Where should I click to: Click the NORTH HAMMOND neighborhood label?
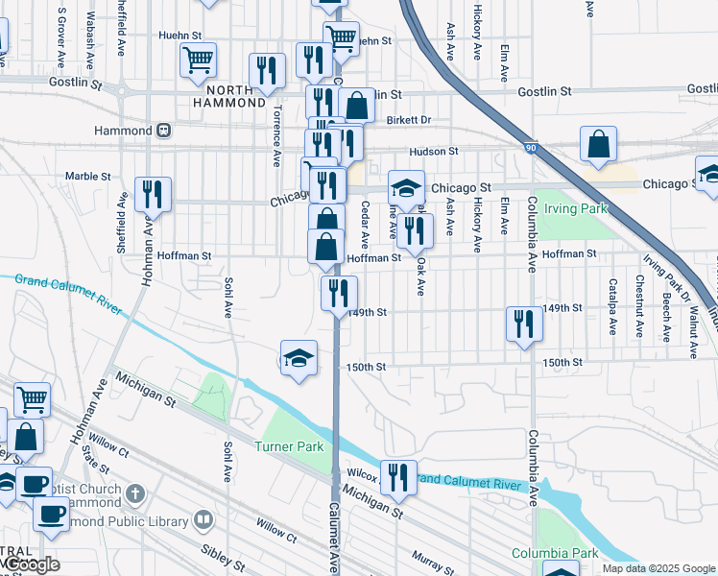(228, 94)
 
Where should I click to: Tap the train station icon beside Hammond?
(164, 130)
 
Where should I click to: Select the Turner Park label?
(289, 446)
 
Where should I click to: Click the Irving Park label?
(576, 207)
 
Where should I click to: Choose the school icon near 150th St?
(299, 359)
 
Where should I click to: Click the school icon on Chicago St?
(406, 188)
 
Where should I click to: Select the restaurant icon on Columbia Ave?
(524, 324)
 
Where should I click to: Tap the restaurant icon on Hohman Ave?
(153, 194)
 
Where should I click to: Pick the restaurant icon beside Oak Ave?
(415, 230)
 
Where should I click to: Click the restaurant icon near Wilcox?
(397, 477)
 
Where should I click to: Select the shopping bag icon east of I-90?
(598, 144)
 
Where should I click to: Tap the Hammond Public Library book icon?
(203, 520)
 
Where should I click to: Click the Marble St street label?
(88, 177)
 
